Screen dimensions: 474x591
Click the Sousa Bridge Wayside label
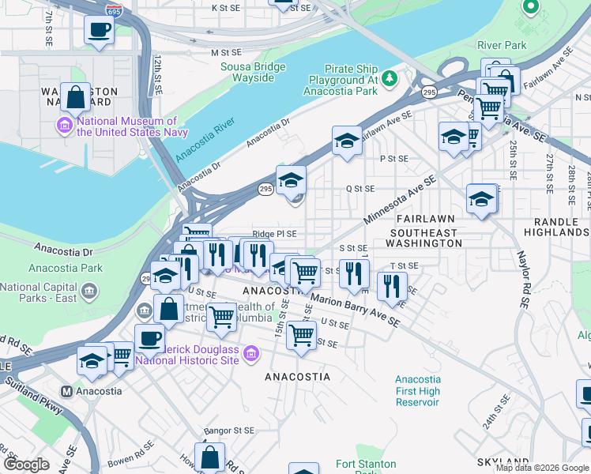253,73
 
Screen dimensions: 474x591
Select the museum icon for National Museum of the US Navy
64,125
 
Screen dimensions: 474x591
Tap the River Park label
502,45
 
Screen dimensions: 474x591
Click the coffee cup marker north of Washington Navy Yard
99,30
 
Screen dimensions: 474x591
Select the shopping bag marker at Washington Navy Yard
75,98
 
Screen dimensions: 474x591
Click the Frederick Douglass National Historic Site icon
251,353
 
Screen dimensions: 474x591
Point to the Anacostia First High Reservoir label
418,391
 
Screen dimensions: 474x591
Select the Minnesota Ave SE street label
401,199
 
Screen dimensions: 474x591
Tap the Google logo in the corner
26,464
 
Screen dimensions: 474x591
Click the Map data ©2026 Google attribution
541,468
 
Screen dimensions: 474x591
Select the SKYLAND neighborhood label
503,461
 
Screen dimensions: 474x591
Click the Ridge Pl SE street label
274,234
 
